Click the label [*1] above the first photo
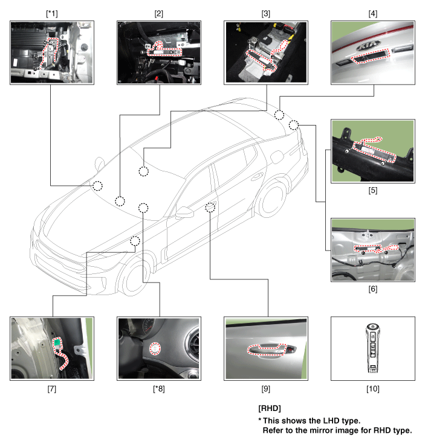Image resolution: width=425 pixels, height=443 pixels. [52, 13]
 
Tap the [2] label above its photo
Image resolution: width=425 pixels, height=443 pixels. [159, 13]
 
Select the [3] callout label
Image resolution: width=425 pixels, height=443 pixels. [265, 13]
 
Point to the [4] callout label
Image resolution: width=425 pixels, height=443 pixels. [372, 13]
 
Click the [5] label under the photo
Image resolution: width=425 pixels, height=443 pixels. [372, 191]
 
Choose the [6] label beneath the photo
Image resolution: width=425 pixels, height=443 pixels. [372, 289]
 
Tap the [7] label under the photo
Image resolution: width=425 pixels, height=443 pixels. [52, 389]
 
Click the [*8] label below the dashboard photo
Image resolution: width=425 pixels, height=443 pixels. [159, 389]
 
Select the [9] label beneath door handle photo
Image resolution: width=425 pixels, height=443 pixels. [265, 389]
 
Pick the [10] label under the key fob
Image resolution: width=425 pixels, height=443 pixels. [372, 389]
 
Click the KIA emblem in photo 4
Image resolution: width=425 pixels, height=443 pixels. [368, 45]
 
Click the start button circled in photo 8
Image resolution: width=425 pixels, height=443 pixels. [155, 349]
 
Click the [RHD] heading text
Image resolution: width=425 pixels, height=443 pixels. [270, 408]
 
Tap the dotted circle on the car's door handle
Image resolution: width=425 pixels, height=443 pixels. [210, 208]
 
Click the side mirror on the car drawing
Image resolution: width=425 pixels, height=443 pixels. [184, 212]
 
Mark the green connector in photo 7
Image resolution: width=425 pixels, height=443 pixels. [57, 342]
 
